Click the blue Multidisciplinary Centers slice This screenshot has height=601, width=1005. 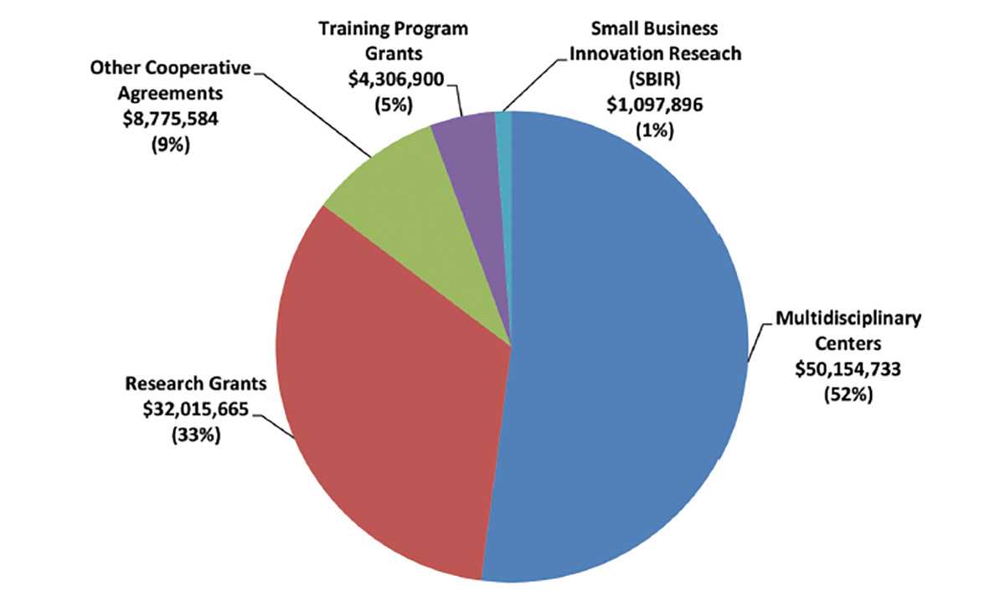628,352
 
